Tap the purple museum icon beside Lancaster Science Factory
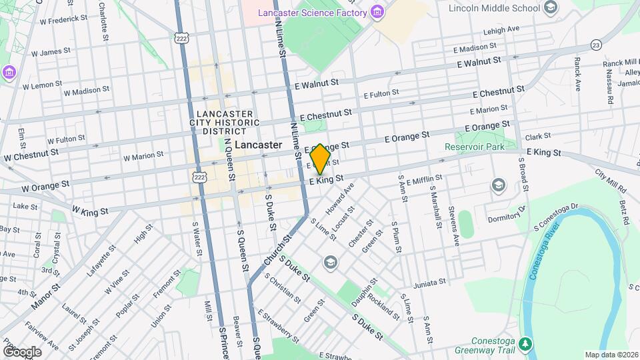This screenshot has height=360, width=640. pyautogui.click(x=378, y=12)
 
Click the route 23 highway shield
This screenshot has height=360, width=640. pyautogui.click(x=596, y=45)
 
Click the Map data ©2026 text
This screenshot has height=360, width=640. pyautogui.click(x=611, y=355)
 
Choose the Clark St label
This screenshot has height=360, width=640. pyautogui.click(x=537, y=137)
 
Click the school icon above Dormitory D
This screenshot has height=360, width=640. pyautogui.click(x=499, y=185)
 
